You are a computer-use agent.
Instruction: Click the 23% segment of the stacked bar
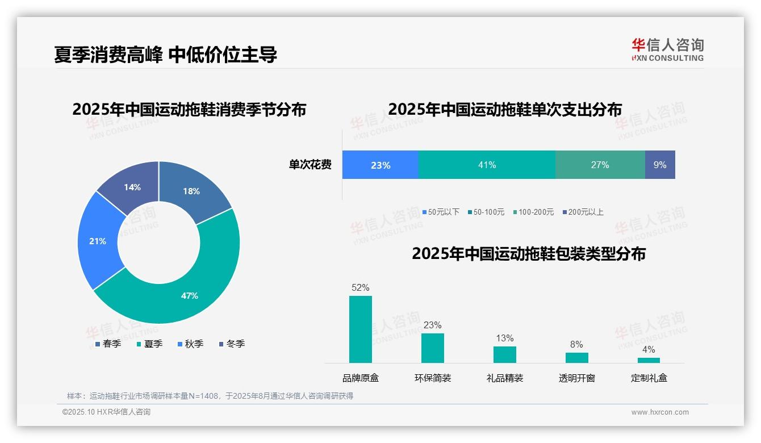pyautogui.click(x=380, y=165)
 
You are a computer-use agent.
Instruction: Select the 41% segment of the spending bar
pyautogui.click(x=487, y=165)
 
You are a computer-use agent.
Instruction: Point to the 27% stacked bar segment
pyautogui.click(x=600, y=165)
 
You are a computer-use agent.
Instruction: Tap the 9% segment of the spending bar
pyautogui.click(x=660, y=165)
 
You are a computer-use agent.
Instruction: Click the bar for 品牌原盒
pyautogui.click(x=360, y=329)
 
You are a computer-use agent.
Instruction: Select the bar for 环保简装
pyautogui.click(x=432, y=348)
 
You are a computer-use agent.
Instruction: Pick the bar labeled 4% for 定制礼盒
pyautogui.click(x=649, y=360)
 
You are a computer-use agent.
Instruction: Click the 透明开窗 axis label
pyautogui.click(x=576, y=378)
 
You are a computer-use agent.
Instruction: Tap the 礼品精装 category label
pyautogui.click(x=504, y=378)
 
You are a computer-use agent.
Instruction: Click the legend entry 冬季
pyautogui.click(x=232, y=344)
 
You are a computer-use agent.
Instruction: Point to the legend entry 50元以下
pyautogui.click(x=441, y=212)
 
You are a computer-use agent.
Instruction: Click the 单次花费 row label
pyautogui.click(x=310, y=165)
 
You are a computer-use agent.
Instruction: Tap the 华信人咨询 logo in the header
pyautogui.click(x=667, y=49)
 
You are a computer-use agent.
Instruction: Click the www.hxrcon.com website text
pyautogui.click(x=659, y=412)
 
